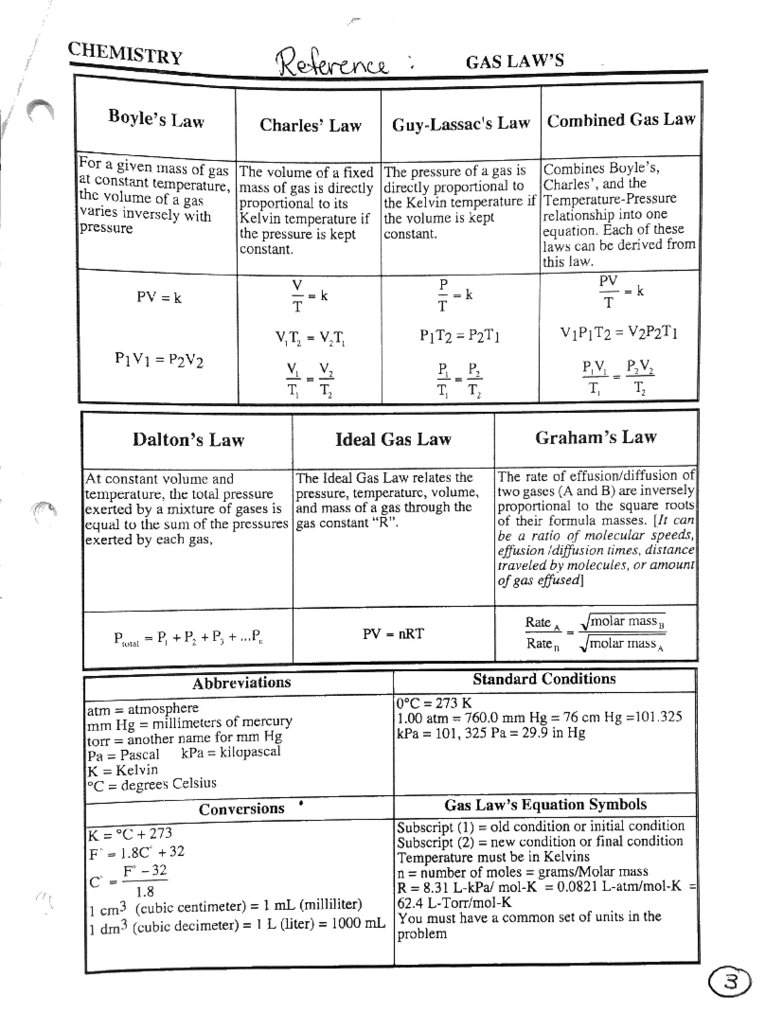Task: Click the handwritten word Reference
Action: coord(333,64)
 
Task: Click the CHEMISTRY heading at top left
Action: coord(125,53)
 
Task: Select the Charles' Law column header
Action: coord(310,125)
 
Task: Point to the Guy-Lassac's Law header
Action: coord(461,123)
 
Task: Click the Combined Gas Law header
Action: coord(621,120)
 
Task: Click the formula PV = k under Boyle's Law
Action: coord(159,297)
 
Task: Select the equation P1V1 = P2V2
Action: coord(159,359)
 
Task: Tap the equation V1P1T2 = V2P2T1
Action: coord(619,333)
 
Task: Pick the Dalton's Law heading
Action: coord(188,440)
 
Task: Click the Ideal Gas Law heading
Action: coord(393,440)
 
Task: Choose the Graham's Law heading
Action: coord(596,437)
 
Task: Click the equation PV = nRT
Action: coord(393,633)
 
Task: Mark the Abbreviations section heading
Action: coord(241,683)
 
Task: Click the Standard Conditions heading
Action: coord(544,679)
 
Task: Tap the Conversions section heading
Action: coord(241,809)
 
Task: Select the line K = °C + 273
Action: coord(130,834)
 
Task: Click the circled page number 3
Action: coord(731,982)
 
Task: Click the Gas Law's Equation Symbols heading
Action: coord(545,804)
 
